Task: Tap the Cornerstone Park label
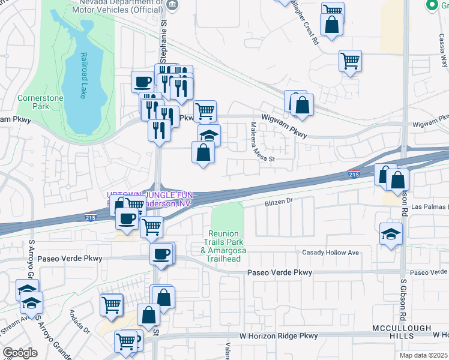point(32,102)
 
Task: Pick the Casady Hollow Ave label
point(331,253)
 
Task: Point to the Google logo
point(20,353)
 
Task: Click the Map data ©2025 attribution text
point(424,355)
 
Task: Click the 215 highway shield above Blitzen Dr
point(354,175)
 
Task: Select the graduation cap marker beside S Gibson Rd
point(391,235)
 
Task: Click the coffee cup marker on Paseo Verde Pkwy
point(161,254)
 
